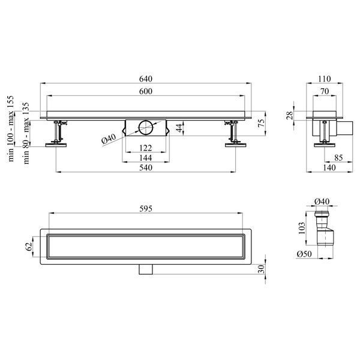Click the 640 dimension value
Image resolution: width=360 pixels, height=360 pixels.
(146, 79)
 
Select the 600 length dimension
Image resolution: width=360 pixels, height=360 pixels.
(146, 91)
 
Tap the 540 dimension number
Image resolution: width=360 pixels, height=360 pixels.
(146, 167)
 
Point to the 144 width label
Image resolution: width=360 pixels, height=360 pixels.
(146, 158)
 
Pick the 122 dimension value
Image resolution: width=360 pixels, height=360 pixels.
(146, 148)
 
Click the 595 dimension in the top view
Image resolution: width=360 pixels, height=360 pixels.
(146, 209)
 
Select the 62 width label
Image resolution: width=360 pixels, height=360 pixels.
(28, 247)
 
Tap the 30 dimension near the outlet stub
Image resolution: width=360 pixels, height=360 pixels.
(261, 269)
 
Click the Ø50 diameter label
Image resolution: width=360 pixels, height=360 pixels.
(304, 254)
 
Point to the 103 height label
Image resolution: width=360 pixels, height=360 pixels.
(302, 228)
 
